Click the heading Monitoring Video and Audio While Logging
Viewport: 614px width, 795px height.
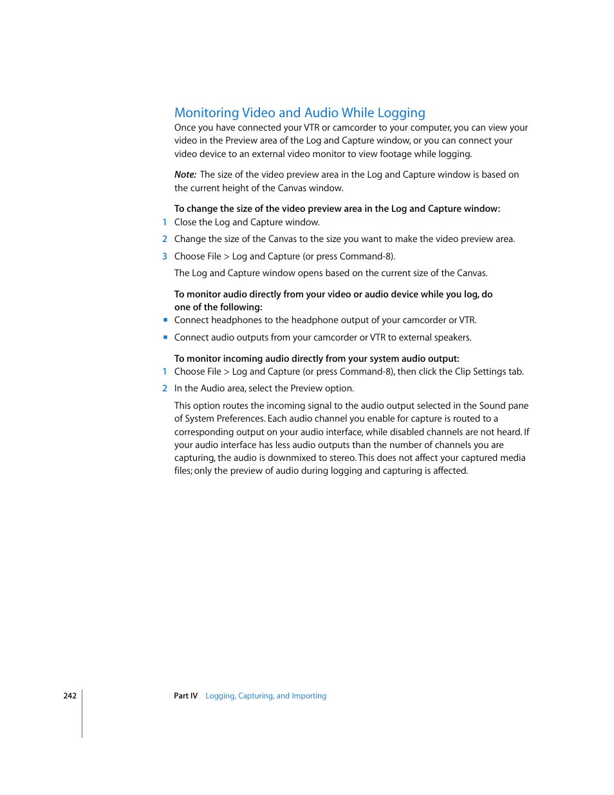[x=299, y=113]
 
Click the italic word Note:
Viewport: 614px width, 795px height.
[x=185, y=174]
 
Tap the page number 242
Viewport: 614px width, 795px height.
[x=70, y=696]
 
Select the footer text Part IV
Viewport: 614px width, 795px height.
[x=185, y=696]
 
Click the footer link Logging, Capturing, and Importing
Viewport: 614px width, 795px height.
[x=266, y=696]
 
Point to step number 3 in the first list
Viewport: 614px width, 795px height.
[x=165, y=256]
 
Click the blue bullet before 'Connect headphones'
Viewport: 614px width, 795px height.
[x=165, y=320]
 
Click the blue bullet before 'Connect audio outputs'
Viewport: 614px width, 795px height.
[x=165, y=337]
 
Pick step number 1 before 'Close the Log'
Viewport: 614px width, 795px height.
[x=165, y=222]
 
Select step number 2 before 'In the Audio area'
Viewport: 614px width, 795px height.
[x=165, y=388]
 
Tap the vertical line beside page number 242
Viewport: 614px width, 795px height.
[x=82, y=713]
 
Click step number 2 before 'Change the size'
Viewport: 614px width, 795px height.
[x=165, y=239]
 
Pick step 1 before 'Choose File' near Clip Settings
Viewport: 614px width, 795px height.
[x=165, y=371]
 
